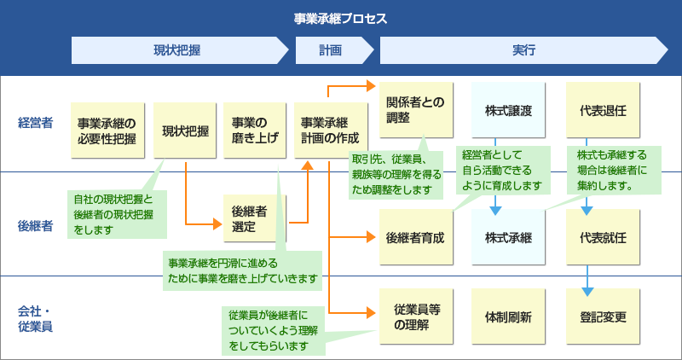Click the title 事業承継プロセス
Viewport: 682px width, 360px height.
[x=340, y=18]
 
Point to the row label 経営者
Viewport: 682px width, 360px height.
[x=35, y=123]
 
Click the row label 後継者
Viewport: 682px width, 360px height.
[x=35, y=226]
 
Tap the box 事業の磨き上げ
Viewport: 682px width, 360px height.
[x=255, y=131]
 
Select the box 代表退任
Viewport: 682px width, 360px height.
[x=603, y=110]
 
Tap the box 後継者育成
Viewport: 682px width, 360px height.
[x=415, y=236]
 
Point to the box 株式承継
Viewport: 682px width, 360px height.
[x=508, y=236]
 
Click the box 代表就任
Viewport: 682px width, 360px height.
[x=603, y=236]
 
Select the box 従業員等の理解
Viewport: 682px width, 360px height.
[x=415, y=317]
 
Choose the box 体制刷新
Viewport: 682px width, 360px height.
[x=508, y=317]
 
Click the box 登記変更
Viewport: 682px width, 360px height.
[x=603, y=317]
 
